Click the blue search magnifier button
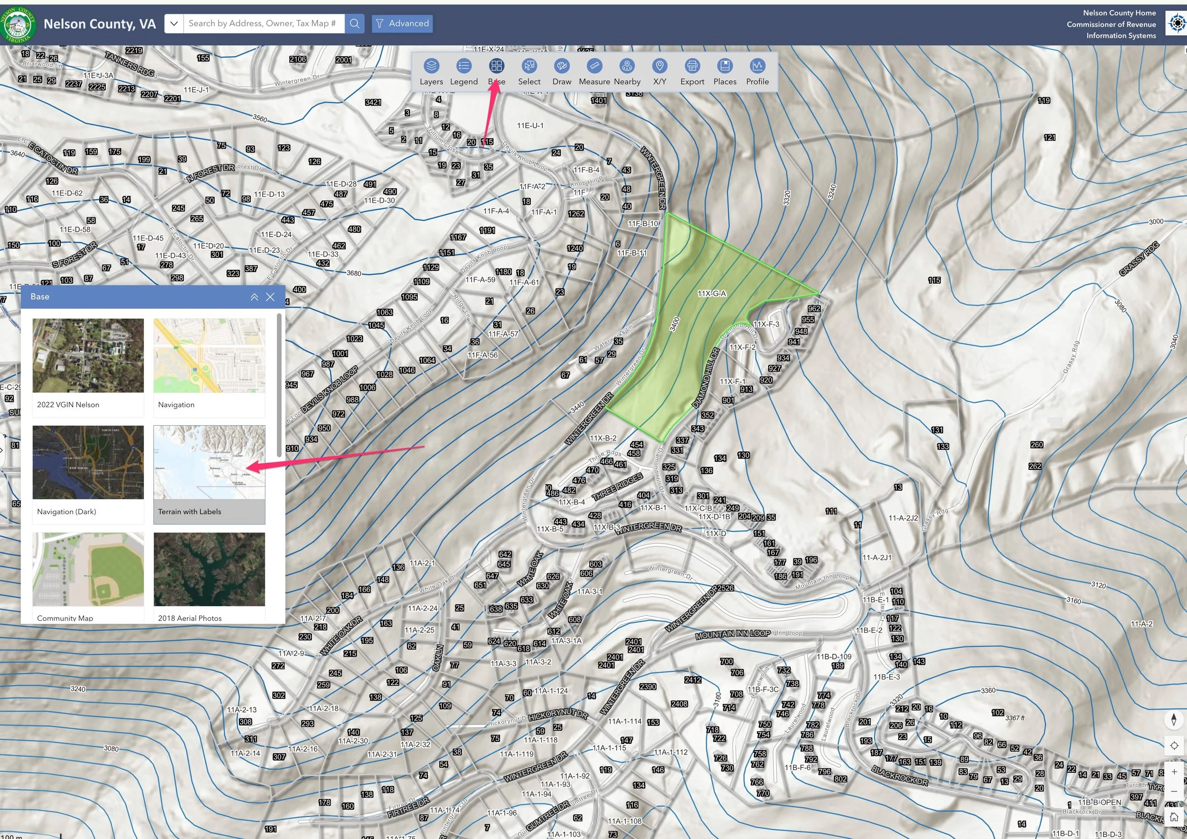(x=354, y=23)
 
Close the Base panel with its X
(x=270, y=297)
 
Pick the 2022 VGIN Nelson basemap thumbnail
(x=88, y=355)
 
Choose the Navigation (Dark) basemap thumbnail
(x=88, y=462)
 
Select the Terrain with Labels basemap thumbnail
(x=209, y=462)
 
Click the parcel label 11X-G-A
(x=712, y=294)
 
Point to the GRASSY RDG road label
(x=1139, y=258)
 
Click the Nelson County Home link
(x=1119, y=13)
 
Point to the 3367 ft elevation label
(x=1015, y=718)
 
